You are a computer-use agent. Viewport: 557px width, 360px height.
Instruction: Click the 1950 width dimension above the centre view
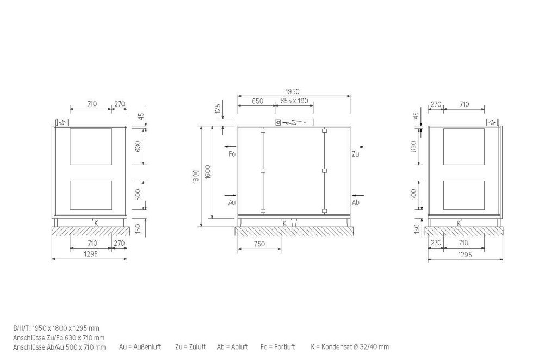[x=292, y=91]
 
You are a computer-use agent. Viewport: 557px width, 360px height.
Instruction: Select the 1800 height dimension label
[x=196, y=176]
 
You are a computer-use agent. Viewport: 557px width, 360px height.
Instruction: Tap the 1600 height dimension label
[x=208, y=172]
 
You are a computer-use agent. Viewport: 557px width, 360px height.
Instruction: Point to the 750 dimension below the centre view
[x=259, y=244]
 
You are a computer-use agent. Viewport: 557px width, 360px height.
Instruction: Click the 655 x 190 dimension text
[x=294, y=101]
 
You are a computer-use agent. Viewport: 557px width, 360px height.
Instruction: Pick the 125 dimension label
[x=219, y=107]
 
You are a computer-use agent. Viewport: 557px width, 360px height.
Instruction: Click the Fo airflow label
[x=232, y=154]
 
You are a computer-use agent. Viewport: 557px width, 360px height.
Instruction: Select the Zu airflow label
[x=355, y=154]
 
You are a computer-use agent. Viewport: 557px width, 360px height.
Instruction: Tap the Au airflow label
[x=232, y=202]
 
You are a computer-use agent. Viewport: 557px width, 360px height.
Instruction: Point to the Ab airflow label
[x=356, y=202]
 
